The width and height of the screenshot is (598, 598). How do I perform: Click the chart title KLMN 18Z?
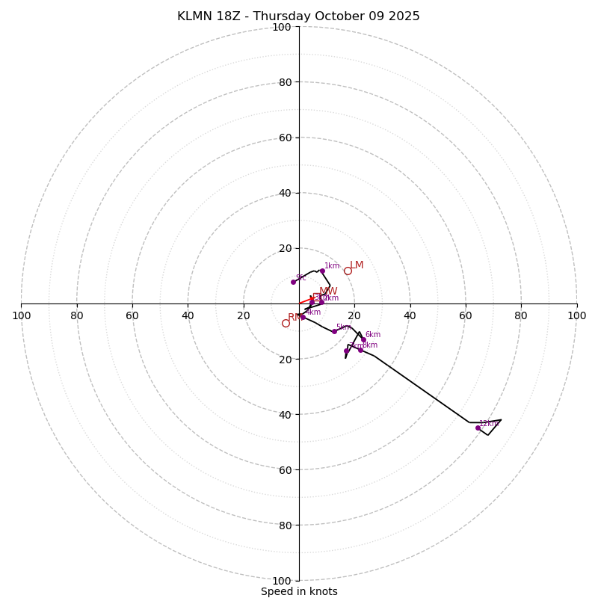tap(298, 16)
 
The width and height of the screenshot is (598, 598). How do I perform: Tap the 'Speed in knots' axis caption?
tap(299, 591)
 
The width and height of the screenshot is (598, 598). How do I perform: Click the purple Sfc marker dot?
tap(293, 282)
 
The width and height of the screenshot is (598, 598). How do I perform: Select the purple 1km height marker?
tap(322, 271)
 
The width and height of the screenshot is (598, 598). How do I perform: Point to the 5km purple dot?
tap(334, 331)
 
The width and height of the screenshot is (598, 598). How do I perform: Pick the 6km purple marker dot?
tap(364, 340)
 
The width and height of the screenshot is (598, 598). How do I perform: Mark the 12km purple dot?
tap(478, 428)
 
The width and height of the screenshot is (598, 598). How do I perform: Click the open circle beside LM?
tap(348, 271)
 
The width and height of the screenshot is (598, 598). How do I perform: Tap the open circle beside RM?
tap(286, 323)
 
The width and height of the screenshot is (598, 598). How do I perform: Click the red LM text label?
tap(357, 265)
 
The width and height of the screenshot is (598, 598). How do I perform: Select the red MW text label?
tap(328, 292)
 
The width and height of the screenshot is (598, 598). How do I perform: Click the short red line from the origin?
tap(306, 301)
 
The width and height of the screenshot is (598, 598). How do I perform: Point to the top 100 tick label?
tap(281, 27)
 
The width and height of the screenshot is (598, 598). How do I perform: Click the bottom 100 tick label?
tap(281, 580)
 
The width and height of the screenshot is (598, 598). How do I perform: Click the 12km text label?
tap(489, 424)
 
